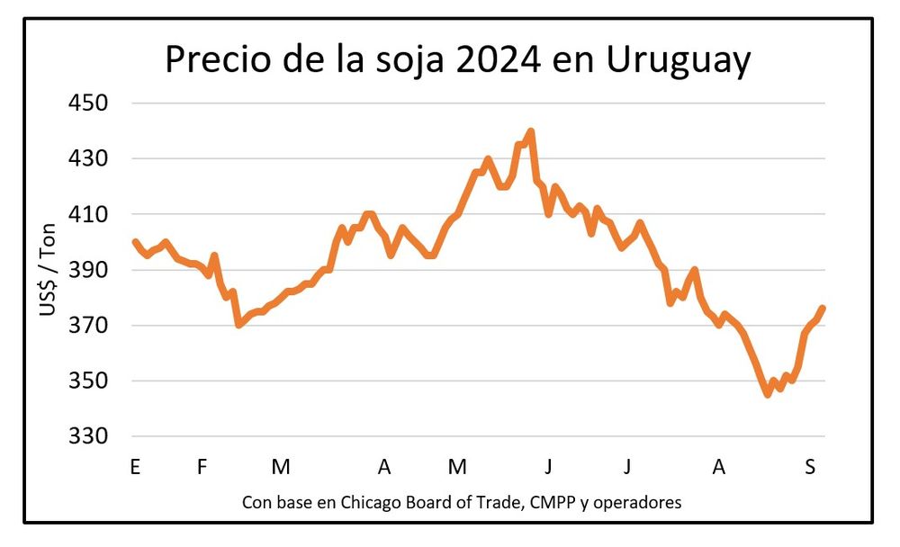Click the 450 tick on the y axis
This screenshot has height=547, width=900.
point(88,103)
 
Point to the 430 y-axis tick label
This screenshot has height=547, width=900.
point(88,159)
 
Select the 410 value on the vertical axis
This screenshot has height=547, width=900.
point(88,214)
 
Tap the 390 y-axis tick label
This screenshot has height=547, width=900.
point(88,270)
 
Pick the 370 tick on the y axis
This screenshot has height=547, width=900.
point(88,326)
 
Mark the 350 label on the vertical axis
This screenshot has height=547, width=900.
point(88,381)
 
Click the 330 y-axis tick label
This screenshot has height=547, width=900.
point(88,436)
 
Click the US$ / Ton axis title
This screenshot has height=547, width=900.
point(48,270)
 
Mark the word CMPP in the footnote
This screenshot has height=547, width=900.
point(553,501)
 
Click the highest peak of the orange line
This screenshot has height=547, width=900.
point(531,131)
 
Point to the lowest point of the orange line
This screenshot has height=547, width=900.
point(767,394)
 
